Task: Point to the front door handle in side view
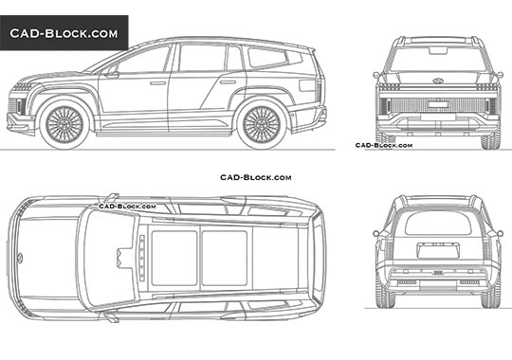157,83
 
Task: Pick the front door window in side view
145,62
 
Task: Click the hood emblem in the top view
19,256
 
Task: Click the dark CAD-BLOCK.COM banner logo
64,33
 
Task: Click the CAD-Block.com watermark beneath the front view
384,145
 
